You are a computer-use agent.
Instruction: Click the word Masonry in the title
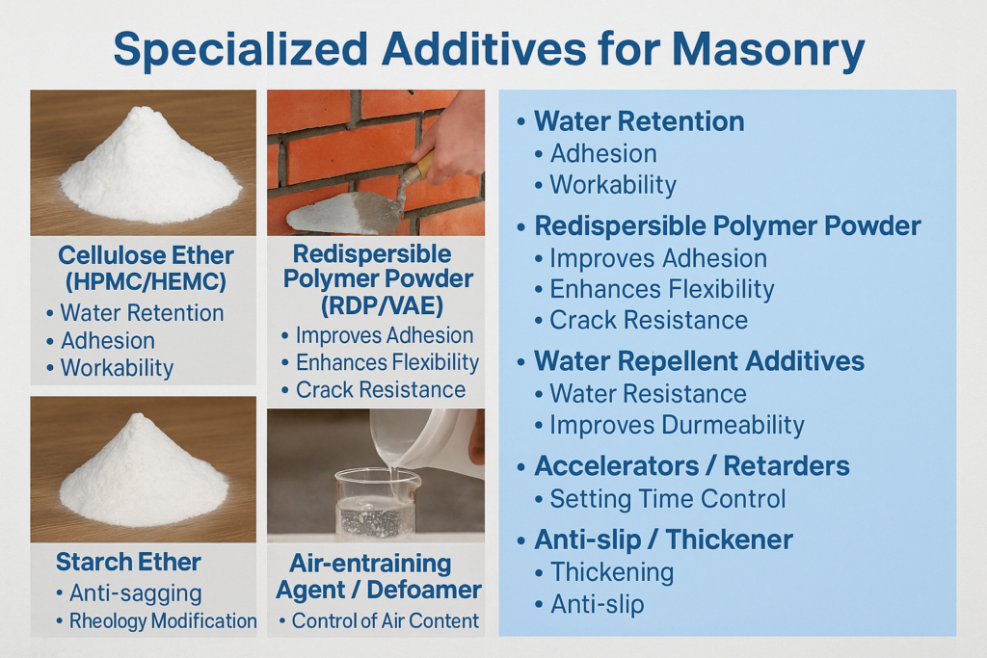768,48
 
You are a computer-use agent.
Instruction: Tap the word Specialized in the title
240,48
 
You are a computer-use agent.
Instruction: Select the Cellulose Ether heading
147,255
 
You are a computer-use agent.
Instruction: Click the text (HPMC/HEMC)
147,280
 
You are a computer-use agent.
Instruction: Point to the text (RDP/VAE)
382,305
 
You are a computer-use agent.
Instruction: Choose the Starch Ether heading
128,562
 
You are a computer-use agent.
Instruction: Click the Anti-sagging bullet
129,592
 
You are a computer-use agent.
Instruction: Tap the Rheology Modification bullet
156,620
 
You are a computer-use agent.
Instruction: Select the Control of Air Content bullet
380,620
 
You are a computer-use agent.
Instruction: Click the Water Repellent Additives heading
700,361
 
